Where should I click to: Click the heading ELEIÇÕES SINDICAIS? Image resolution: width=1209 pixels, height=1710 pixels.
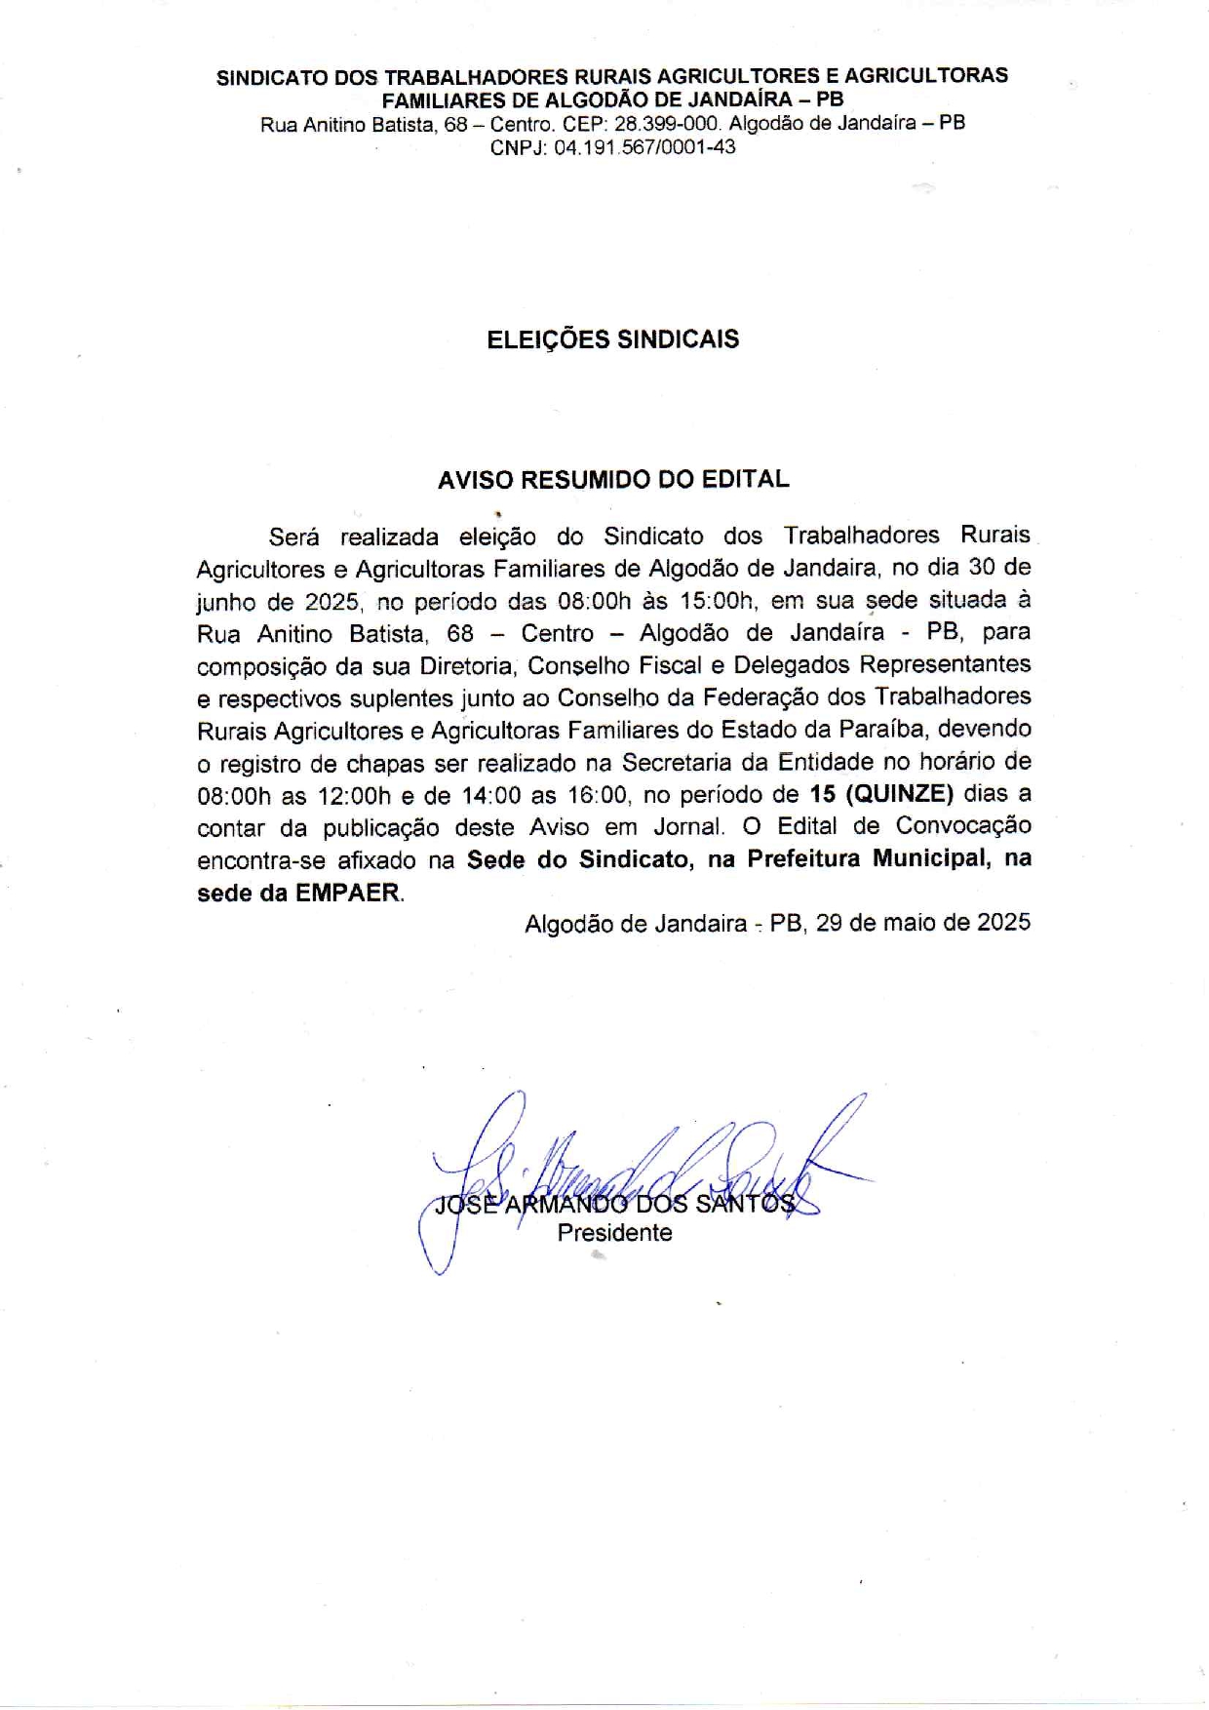pyautogui.click(x=612, y=339)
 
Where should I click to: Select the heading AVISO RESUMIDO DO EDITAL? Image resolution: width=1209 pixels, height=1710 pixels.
pyautogui.click(x=612, y=480)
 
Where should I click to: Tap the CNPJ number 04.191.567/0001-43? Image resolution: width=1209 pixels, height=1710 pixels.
pyautogui.click(x=644, y=148)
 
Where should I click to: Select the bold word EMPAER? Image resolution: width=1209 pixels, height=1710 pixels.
pyautogui.click(x=348, y=893)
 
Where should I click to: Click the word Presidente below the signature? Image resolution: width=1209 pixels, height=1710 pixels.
pyautogui.click(x=614, y=1233)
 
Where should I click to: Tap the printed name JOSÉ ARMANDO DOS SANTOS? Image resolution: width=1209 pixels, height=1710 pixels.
pyautogui.click(x=614, y=1204)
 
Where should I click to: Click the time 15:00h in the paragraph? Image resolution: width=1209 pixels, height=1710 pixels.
pyautogui.click(x=719, y=600)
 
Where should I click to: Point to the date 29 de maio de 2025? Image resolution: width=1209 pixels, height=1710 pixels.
pyautogui.click(x=923, y=923)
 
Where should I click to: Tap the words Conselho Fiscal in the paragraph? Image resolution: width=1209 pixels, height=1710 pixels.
pyautogui.click(x=614, y=665)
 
